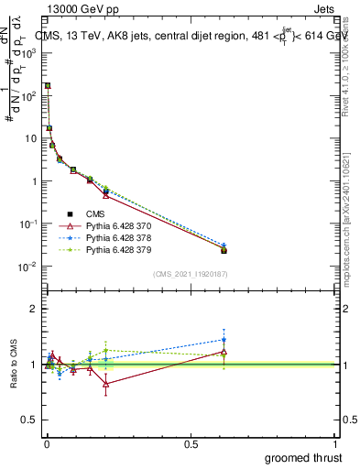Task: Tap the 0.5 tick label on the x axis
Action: click(191, 443)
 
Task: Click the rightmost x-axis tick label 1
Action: click(336, 443)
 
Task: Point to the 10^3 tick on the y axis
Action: click(29, 53)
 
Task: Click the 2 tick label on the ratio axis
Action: click(33, 309)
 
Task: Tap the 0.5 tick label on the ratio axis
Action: click(29, 420)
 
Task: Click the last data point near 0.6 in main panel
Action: click(224, 249)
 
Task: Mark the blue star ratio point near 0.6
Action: click(224, 340)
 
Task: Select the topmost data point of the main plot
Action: click(48, 85)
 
